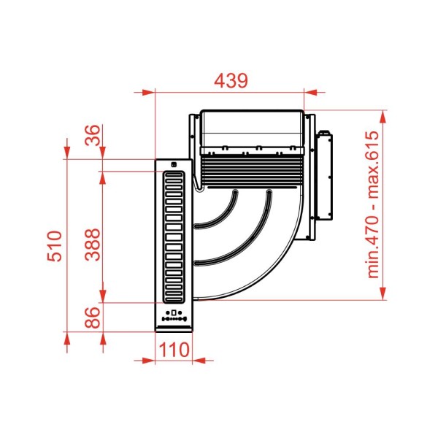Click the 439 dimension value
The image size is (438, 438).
pos(231,81)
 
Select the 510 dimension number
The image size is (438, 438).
pos(55,246)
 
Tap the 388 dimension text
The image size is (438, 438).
pos(93,245)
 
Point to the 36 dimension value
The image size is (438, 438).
pos(93,135)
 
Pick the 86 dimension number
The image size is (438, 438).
pos(93,318)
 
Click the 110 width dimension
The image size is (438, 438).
pos(174,350)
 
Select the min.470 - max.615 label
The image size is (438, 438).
pos(373,204)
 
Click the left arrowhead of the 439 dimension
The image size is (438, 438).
pos(148,92)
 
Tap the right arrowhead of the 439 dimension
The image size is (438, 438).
pos(311,92)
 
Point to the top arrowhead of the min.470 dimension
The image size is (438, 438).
pos(383,117)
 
